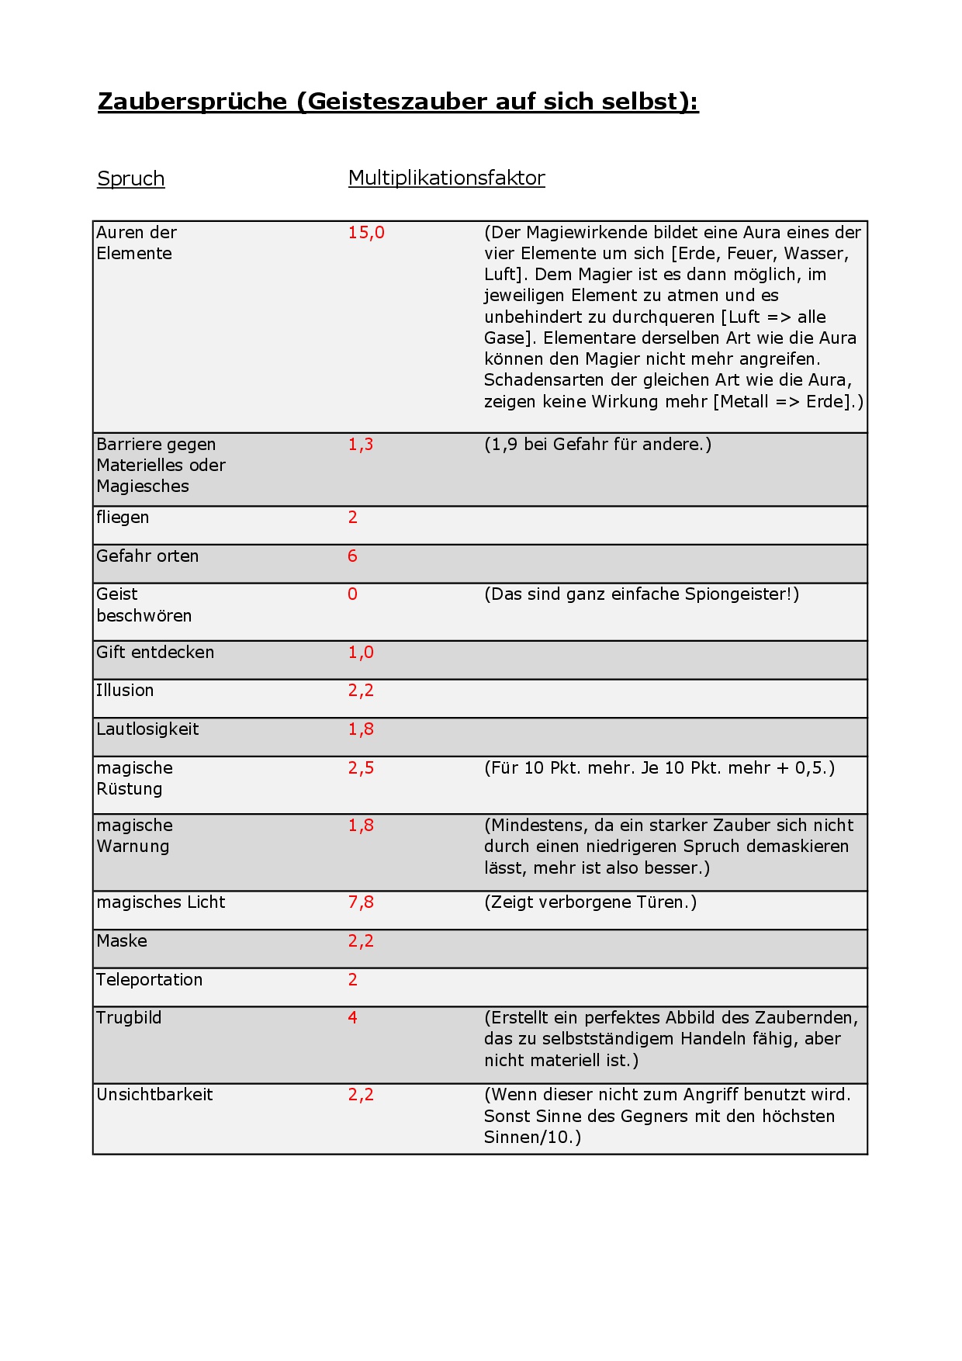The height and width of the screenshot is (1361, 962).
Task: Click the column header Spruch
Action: coord(130,178)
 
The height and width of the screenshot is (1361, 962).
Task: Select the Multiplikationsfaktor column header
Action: coord(446,178)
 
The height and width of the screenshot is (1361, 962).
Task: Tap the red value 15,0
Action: coord(366,233)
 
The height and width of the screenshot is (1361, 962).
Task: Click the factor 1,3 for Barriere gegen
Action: coord(361,445)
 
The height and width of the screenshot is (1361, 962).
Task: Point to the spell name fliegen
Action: coord(123,518)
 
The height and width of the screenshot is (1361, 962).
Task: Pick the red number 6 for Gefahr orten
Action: coord(353,556)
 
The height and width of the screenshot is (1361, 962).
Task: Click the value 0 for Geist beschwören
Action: coord(353,594)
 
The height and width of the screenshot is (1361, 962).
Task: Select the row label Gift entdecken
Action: coord(155,653)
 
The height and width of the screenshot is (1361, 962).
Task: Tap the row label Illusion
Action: coord(125,691)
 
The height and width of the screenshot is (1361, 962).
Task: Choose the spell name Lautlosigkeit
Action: coord(147,729)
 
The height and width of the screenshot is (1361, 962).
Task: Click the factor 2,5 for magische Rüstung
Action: coord(361,768)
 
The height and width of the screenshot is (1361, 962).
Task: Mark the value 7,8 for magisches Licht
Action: coord(361,902)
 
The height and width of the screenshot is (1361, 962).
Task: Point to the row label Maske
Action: coord(122,941)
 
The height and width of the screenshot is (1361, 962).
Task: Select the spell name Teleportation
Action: coord(150,980)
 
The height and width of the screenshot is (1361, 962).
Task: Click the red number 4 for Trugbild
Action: coord(353,1018)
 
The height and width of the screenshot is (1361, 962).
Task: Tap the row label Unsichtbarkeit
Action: coord(154,1095)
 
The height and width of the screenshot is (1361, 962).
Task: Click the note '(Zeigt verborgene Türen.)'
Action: coord(590,902)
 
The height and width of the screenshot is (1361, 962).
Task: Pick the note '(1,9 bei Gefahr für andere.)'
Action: coord(597,445)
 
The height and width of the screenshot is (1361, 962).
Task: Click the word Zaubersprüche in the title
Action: coord(192,102)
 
